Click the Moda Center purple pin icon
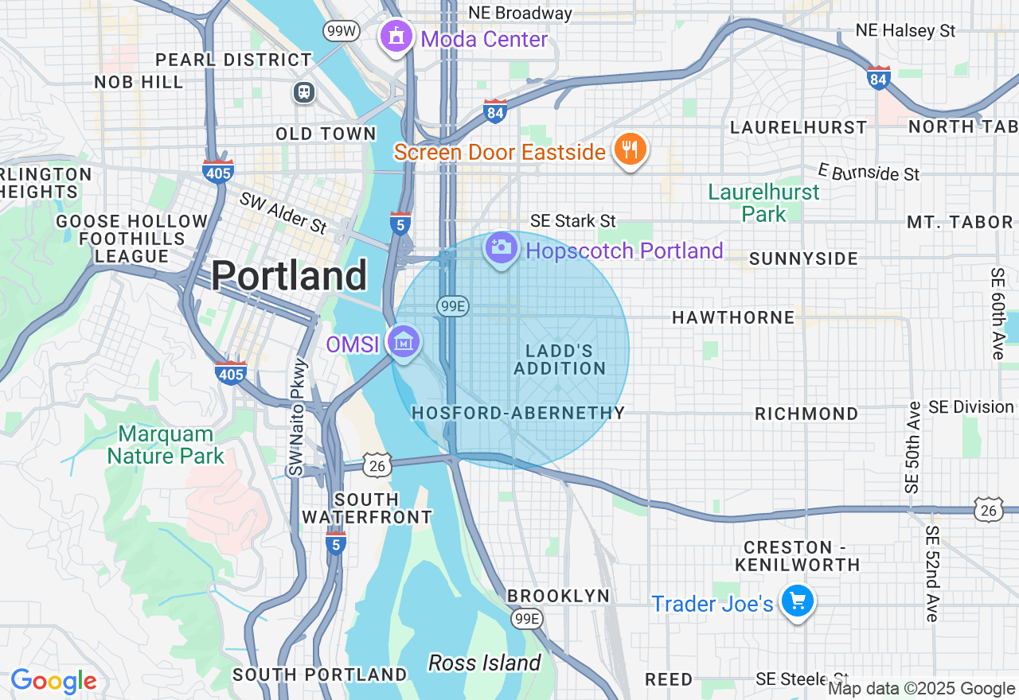pos(396,37)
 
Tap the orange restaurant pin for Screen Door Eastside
pos(630,149)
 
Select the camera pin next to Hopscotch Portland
pos(501,247)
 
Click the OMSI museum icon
pos(404,342)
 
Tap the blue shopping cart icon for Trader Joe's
pos(797,601)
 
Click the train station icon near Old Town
pos(304,92)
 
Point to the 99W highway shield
pos(342,31)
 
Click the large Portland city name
pos(289,276)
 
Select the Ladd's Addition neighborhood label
pos(560,360)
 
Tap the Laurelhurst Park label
pos(763,203)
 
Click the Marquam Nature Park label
pos(166,445)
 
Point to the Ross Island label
pos(484,663)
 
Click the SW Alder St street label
pos(283,212)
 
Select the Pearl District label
pos(233,60)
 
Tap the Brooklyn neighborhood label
pos(558,596)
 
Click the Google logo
pos(53,682)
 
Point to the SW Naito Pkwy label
pos(298,418)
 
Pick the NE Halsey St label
pos(905,30)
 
